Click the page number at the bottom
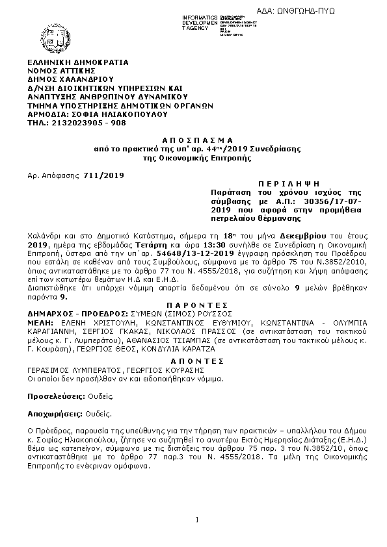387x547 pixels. click(x=196, y=518)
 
